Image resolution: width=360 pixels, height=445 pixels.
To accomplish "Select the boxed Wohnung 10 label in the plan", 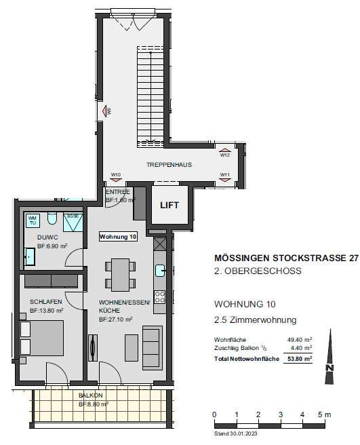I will click(x=118, y=237).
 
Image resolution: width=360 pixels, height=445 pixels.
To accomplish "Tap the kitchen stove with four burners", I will click(x=160, y=296).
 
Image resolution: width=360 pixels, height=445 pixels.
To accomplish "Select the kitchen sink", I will click(x=160, y=271).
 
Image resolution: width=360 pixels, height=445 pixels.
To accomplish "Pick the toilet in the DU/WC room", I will click(x=52, y=219).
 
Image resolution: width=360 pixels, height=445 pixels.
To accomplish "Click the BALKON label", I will click(x=90, y=395).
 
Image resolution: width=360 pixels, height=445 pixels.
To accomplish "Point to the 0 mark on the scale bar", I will click(x=214, y=414).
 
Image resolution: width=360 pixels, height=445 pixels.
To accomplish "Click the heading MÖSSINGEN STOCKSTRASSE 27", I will click(x=286, y=258).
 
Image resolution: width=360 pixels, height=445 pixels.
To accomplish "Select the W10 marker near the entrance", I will click(x=116, y=175).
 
